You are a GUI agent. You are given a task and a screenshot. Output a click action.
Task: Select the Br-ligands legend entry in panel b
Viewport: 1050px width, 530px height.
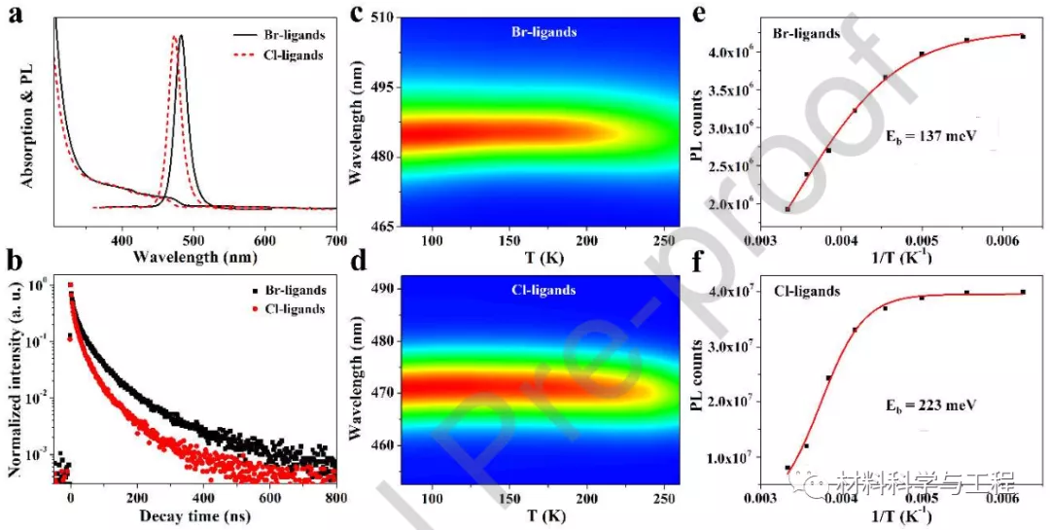click(293, 290)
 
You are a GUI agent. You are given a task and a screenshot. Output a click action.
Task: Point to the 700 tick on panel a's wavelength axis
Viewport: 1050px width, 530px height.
click(334, 239)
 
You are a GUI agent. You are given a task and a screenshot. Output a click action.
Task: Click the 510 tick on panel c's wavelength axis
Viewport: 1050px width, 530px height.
click(379, 18)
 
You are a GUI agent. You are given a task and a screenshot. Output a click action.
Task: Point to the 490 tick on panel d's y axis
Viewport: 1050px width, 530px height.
click(379, 289)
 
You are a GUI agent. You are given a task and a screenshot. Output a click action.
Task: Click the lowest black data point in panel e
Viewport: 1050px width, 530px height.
click(787, 209)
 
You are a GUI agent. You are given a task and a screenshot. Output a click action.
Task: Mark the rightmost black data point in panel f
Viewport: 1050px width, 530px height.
click(1023, 292)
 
